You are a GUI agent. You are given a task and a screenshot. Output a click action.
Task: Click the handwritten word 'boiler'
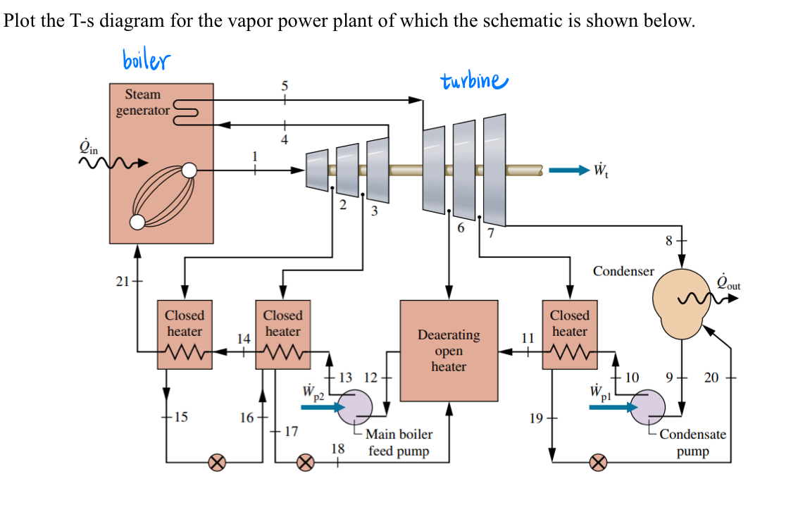(146, 60)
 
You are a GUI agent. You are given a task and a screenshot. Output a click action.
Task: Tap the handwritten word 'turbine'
(473, 81)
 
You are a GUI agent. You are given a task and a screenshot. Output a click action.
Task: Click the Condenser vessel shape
(680, 303)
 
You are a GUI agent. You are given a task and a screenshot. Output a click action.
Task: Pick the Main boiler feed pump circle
(355, 406)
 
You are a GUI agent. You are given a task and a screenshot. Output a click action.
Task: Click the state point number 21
(122, 282)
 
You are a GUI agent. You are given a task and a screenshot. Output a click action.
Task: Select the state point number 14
(243, 339)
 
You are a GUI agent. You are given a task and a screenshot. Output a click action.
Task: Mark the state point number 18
(338, 449)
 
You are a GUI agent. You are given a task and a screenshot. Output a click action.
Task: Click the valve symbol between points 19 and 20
(597, 463)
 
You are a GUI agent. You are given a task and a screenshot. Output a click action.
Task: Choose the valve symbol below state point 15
(218, 463)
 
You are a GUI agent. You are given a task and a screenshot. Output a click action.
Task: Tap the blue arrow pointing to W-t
(568, 170)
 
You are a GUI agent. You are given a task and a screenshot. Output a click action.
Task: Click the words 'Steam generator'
(143, 102)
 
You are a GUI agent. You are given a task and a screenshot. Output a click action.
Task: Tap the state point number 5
(285, 86)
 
